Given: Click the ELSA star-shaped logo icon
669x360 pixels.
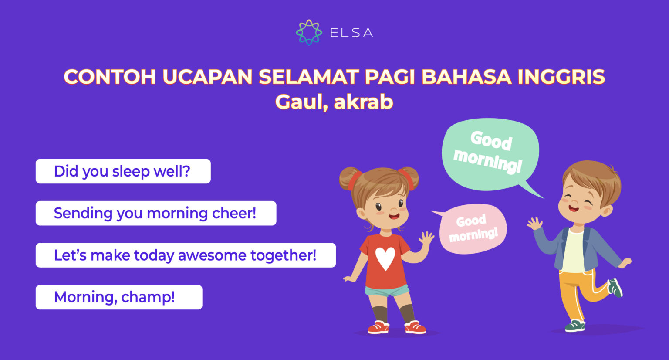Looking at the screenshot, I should coord(309,32).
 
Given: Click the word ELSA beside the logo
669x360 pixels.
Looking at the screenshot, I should coord(351,33).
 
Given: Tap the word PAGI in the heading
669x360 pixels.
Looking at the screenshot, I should coord(390,77).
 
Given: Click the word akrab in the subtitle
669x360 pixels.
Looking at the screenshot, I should coord(363,102).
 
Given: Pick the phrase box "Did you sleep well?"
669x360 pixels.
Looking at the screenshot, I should coord(123,171).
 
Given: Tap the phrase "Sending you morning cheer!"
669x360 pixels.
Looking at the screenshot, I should coord(155,213).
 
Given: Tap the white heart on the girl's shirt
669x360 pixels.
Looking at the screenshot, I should coord(385,258).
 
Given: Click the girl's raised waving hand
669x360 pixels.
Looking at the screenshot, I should coord(426,238).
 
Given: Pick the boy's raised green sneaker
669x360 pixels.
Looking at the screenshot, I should coord(615,288).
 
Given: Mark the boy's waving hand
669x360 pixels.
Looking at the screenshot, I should coord(534,224).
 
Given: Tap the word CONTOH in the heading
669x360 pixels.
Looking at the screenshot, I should coord(110,77).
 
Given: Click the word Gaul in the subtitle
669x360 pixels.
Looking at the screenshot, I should coord(301,102).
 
